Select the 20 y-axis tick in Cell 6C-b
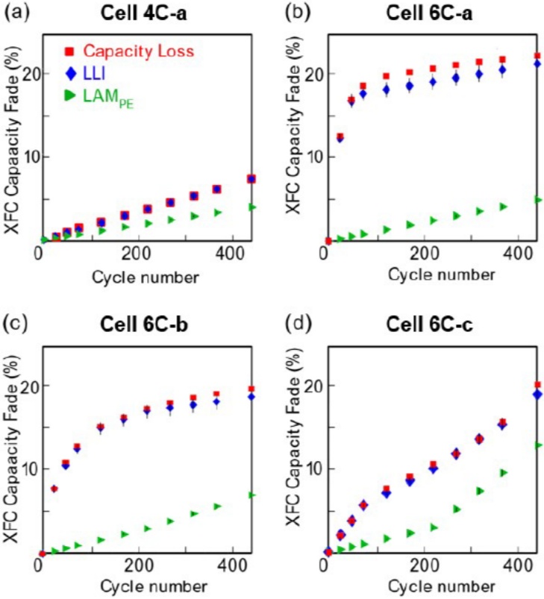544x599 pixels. click(x=24, y=386)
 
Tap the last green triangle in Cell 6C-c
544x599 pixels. click(x=537, y=445)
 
